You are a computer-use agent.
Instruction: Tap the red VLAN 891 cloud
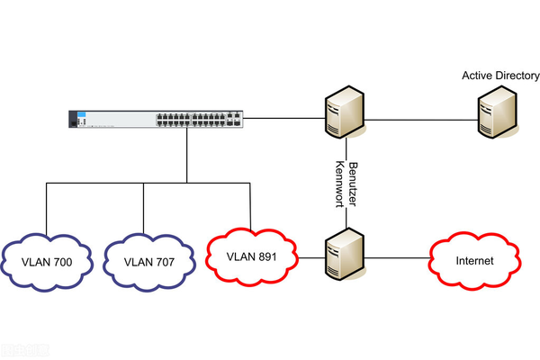coord(251,256)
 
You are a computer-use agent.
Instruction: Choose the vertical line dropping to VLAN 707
coord(144,207)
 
